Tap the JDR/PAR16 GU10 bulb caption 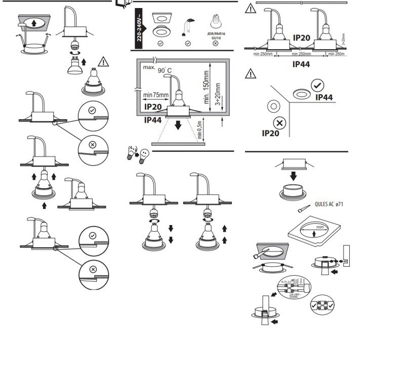(216, 34)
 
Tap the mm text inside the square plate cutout (319, 227)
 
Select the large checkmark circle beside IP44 (318, 86)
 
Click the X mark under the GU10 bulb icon (216, 44)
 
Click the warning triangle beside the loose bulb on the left (103, 62)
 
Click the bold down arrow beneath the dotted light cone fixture (178, 125)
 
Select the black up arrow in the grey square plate (33, 22)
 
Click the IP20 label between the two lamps (302, 38)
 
